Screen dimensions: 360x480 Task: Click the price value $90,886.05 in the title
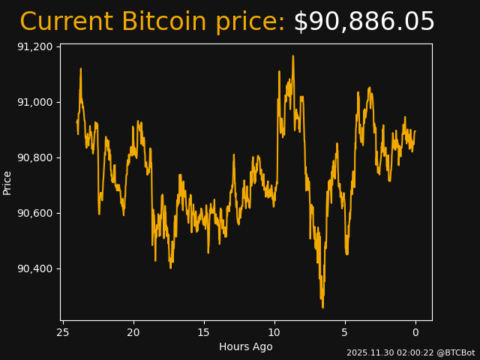364,22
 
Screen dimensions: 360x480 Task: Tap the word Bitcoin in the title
163,22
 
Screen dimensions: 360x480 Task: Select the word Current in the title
66,22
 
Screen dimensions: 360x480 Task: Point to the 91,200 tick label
34,46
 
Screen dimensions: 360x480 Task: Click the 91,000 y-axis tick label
34,102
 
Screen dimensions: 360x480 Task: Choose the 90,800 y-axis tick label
34,157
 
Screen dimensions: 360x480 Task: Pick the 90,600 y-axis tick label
34,213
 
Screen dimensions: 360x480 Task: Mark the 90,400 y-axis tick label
34,268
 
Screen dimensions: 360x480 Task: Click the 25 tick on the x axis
63,332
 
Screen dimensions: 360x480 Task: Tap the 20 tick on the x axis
133,332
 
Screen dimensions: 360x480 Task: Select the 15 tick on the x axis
204,332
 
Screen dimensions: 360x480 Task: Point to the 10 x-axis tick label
274,332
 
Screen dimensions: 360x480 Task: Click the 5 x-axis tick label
345,332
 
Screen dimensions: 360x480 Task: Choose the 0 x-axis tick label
415,332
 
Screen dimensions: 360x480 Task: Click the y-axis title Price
7,182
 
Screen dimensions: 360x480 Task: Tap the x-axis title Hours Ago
246,346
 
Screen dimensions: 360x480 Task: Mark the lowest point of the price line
323,307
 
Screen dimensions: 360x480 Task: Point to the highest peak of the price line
293,56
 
